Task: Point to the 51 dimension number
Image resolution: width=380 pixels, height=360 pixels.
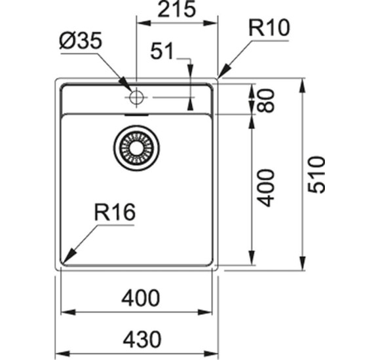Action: coord(164,52)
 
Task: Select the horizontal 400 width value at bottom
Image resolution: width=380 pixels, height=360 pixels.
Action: coord(140,298)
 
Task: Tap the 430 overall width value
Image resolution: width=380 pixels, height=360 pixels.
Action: coord(140,340)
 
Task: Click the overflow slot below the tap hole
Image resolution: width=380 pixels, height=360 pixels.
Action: coord(136,113)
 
